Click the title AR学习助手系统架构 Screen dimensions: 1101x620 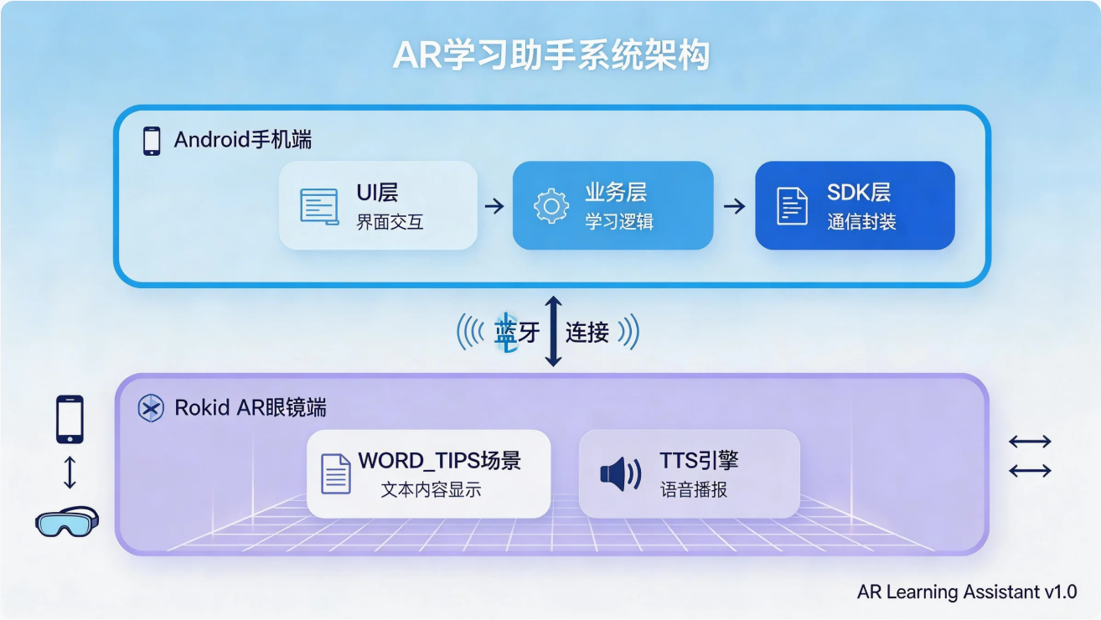pyautogui.click(x=550, y=56)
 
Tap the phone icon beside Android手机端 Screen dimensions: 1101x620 pyautogui.click(x=152, y=140)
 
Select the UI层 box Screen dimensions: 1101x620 pyautogui.click(x=378, y=206)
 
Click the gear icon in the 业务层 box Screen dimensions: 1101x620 pyautogui.click(x=550, y=207)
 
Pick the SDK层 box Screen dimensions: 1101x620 pyautogui.click(x=855, y=206)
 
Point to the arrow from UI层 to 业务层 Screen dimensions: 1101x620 pyautogui.click(x=494, y=206)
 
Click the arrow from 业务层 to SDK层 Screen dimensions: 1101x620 pyautogui.click(x=734, y=206)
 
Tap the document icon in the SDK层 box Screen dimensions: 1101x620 pyautogui.click(x=792, y=206)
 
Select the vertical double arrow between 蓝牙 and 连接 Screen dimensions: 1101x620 pyautogui.click(x=553, y=331)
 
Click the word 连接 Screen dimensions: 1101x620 pyautogui.click(x=587, y=333)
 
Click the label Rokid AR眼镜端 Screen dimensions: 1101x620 pyautogui.click(x=251, y=408)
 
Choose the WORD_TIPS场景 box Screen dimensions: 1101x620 pyautogui.click(x=428, y=473)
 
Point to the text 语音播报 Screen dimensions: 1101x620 pyautogui.click(x=694, y=490)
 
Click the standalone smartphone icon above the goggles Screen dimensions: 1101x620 pyautogui.click(x=70, y=419)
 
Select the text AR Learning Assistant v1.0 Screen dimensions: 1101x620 pyautogui.click(x=967, y=592)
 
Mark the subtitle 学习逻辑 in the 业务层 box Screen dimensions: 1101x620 pyautogui.click(x=619, y=222)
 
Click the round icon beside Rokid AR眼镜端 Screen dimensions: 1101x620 pyautogui.click(x=150, y=408)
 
